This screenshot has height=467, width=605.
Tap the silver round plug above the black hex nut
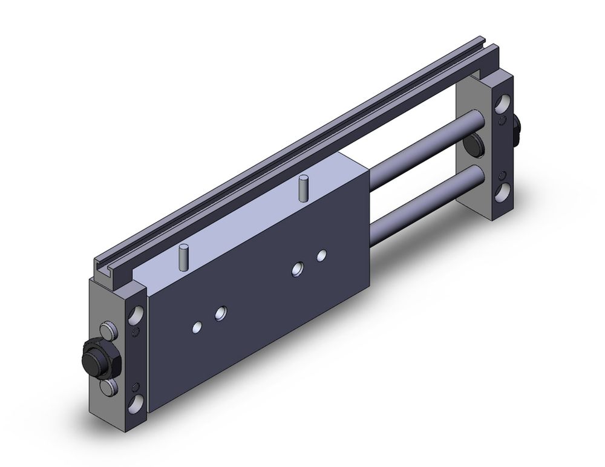108,331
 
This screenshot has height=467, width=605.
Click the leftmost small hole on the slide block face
197,327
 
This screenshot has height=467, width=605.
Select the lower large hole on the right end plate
502,193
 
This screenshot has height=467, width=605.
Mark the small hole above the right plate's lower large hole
502,176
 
